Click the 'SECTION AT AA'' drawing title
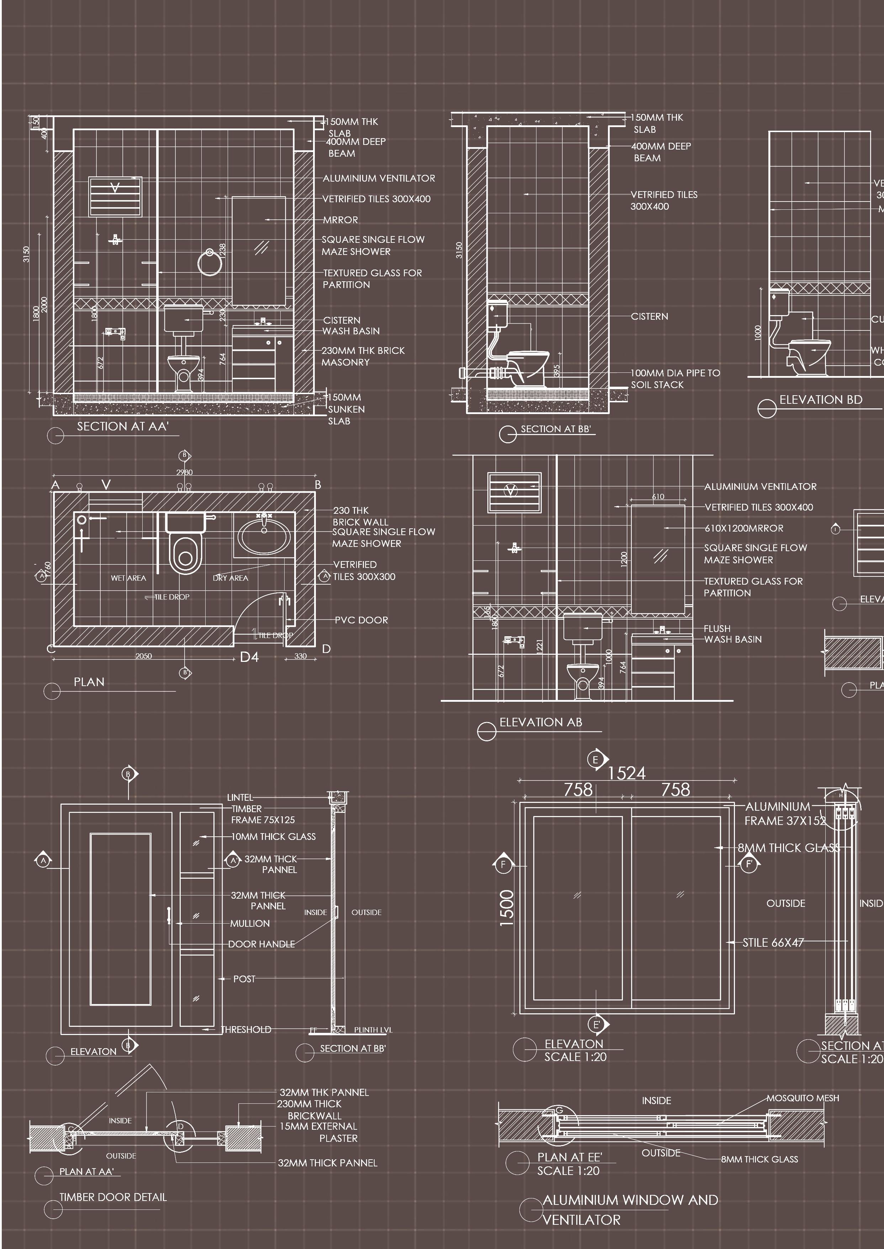click(x=122, y=427)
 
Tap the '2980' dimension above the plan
click(x=185, y=472)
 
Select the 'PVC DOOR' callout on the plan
click(x=361, y=620)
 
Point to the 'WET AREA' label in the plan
click(x=128, y=578)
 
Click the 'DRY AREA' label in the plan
click(x=230, y=578)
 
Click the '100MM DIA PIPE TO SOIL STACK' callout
click(x=674, y=378)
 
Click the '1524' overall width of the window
click(x=626, y=773)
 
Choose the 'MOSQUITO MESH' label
click(x=803, y=1098)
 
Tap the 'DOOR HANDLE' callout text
click(x=261, y=944)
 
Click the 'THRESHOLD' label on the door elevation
click(x=246, y=1029)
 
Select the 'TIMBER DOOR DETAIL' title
click(x=113, y=1197)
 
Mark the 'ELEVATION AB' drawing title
click(x=540, y=722)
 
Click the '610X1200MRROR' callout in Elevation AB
click(x=743, y=528)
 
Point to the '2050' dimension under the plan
click(x=144, y=656)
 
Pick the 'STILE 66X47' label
click(x=773, y=942)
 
